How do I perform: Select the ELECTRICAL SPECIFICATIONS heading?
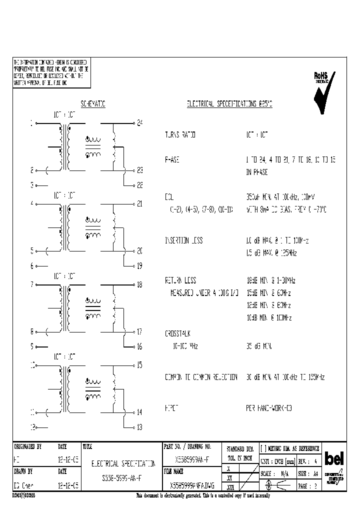point(229,104)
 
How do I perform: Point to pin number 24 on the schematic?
point(140,122)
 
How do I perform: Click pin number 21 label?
point(139,203)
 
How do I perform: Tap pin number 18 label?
point(139,284)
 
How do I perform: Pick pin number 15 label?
point(139,365)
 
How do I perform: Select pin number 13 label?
point(139,427)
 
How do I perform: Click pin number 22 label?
point(140,185)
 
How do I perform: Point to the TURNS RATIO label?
point(180,135)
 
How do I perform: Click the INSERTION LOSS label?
point(183,240)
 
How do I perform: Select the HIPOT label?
point(172,408)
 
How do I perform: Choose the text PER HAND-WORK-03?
point(268,408)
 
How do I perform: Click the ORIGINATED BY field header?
point(27,446)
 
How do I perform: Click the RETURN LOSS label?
point(180,280)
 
